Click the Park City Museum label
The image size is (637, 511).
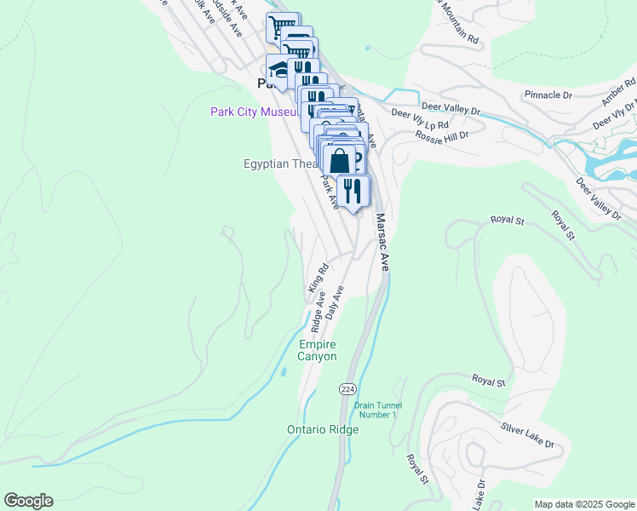254,112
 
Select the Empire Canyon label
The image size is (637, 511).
317,350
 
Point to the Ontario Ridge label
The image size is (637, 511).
323,430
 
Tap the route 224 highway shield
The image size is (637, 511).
347,386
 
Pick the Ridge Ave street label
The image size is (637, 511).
318,313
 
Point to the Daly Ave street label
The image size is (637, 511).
334,301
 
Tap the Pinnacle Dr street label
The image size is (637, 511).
548,95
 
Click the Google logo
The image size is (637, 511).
28,501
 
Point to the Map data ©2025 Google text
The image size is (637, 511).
583,504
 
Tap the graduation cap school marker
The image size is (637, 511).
278,69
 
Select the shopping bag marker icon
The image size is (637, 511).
339,160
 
